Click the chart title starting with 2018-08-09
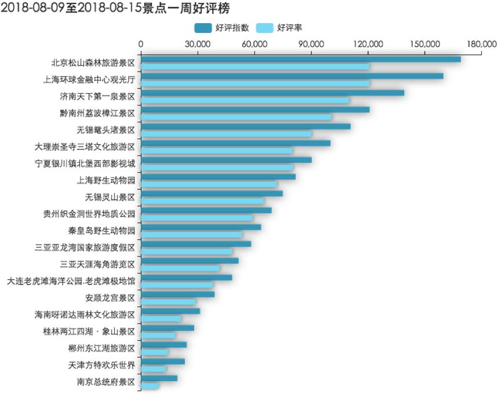coord(116,8)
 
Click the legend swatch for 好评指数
coord(203,28)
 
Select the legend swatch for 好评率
coord(264,28)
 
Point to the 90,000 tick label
coord(311,44)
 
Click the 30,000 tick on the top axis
coord(198,44)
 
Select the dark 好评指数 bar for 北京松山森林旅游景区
coord(300,59)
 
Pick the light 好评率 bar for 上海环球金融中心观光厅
coord(255,83)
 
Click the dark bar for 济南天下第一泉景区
coord(272,93)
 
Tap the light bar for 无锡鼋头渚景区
coord(226,134)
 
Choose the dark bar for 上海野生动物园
coord(218,177)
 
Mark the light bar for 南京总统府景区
coord(150,386)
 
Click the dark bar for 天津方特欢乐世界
coord(163,362)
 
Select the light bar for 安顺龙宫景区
coord(168,302)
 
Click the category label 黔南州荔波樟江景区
coord(97,113)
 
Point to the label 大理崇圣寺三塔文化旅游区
coord(85,147)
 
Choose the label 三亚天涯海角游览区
coord(97,264)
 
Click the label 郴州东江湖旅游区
coord(101,348)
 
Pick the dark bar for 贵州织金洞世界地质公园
coord(206,210)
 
